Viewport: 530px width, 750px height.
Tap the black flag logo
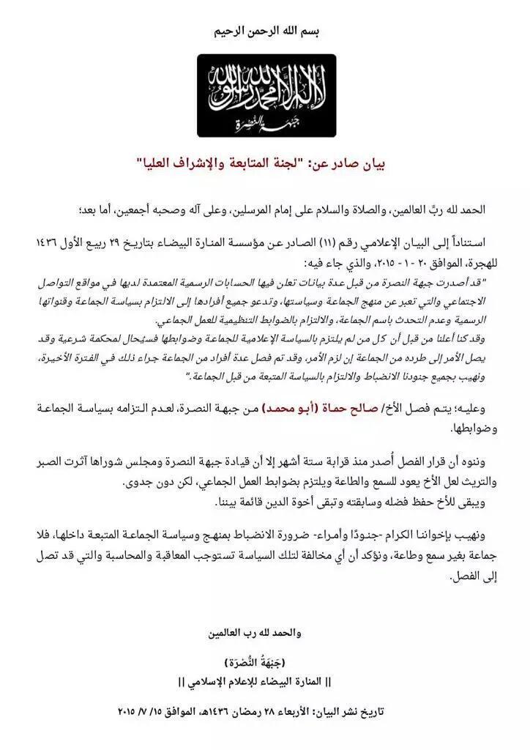click(266, 95)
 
